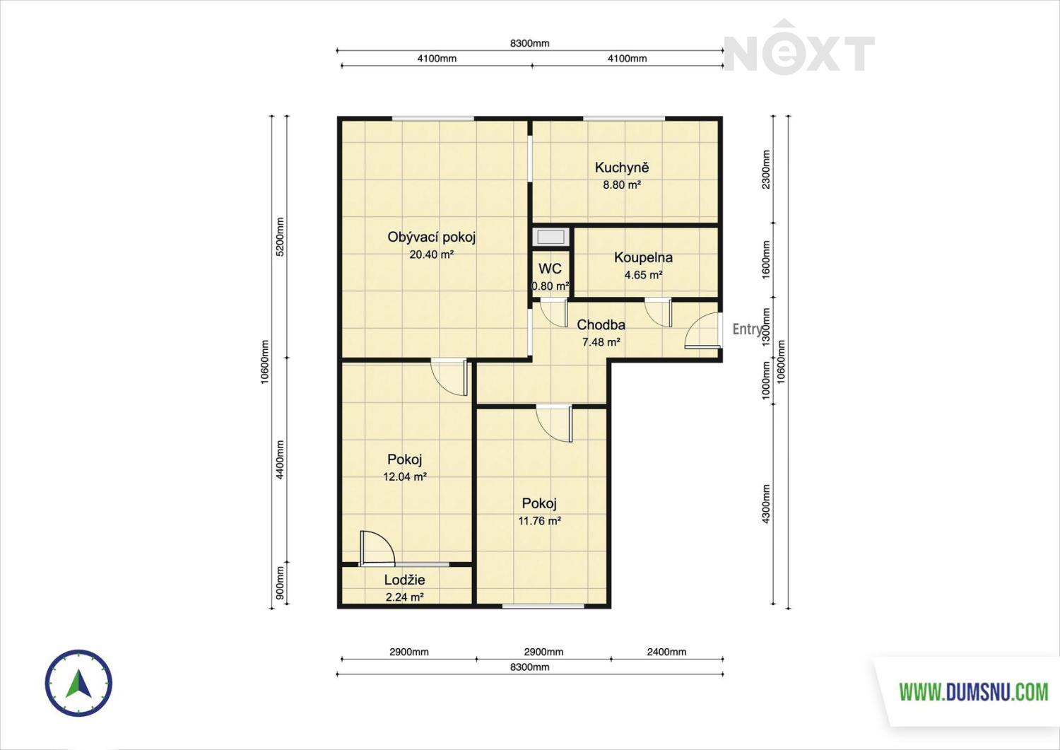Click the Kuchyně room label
[x=621, y=167]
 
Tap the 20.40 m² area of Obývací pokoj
[x=432, y=254]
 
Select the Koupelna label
[x=643, y=257]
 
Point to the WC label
[x=550, y=269]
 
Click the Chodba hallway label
[x=601, y=324]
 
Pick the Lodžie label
[x=405, y=580]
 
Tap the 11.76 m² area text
[x=539, y=521]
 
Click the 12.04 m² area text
[x=405, y=477]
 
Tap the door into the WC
[x=553, y=313]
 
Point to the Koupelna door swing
[x=658, y=312]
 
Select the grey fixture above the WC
[x=550, y=237]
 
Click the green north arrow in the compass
[x=78, y=682]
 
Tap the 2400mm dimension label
[x=666, y=652]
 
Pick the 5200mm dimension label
[x=280, y=237]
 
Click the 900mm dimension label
[x=280, y=583]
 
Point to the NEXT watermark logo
[x=799, y=48]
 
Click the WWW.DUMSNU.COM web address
[x=973, y=692]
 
